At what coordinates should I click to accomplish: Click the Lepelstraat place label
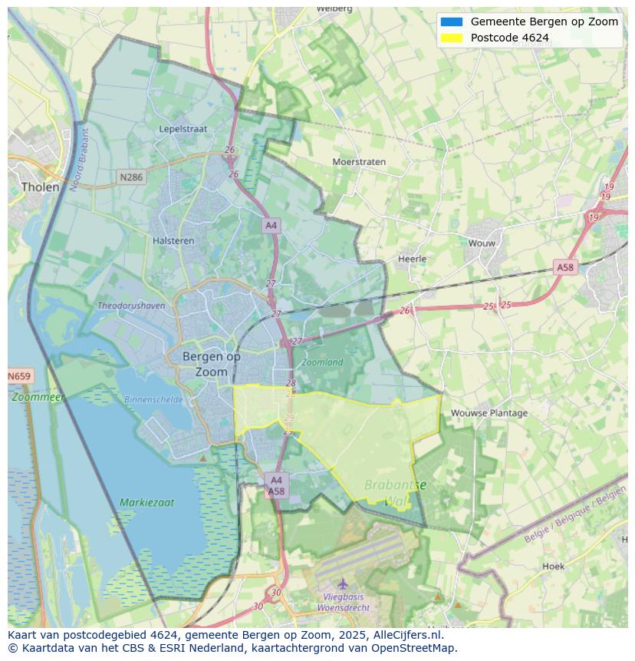click(183, 129)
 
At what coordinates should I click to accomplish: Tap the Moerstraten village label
click(359, 162)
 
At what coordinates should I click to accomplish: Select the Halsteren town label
click(173, 240)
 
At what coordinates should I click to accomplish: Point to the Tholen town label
click(40, 187)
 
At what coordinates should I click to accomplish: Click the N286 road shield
click(131, 177)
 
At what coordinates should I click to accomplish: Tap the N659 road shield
click(20, 376)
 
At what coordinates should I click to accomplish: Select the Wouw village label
click(482, 243)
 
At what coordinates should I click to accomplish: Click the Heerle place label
click(412, 259)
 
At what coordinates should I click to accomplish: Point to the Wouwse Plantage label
click(489, 413)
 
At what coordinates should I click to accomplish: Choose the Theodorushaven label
click(131, 306)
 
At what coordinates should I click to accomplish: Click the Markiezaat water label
click(146, 503)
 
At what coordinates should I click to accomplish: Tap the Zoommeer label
click(38, 397)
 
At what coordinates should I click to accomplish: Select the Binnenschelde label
click(153, 399)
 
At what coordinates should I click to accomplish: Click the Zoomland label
click(322, 362)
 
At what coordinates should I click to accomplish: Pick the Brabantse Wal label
click(396, 492)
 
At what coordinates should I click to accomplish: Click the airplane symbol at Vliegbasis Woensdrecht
click(343, 583)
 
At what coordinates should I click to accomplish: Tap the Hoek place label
click(553, 566)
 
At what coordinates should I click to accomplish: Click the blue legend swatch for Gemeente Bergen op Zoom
click(452, 21)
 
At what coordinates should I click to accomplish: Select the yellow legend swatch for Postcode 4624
click(452, 38)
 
